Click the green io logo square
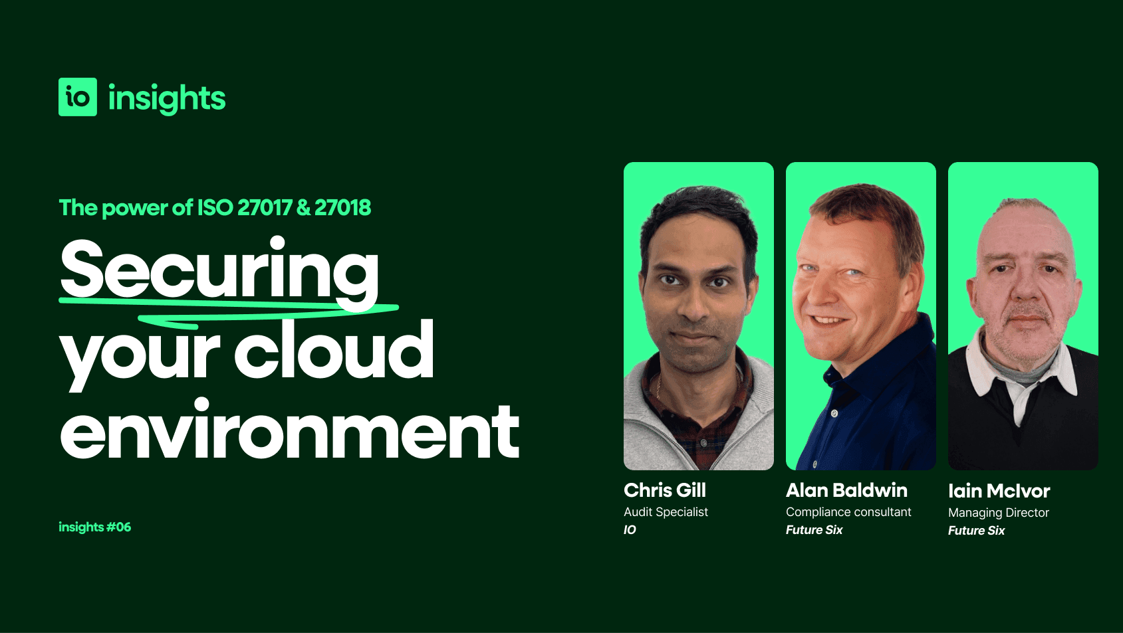pos(78,97)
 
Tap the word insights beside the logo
pos(167,98)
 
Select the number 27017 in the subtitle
pos(265,208)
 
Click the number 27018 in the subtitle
pos(342,208)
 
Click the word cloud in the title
pos(334,350)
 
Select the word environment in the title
pos(289,432)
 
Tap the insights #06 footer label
pos(95,527)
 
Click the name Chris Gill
pos(665,490)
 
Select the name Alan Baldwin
pos(846,490)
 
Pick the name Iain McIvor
pos(999,491)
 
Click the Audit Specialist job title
pos(666,512)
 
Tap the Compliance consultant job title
pos(848,512)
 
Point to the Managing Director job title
pos(998,513)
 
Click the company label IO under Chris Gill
pos(630,530)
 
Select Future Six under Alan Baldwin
pos(814,530)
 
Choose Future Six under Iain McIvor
pos(976,531)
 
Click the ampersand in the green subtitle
pos(303,208)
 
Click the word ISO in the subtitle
pos(215,208)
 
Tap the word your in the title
pos(140,352)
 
